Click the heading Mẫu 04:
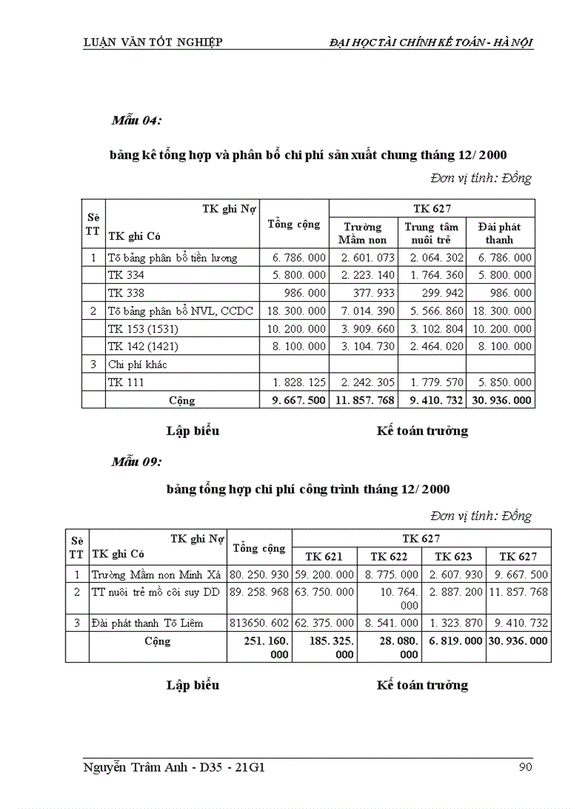click(136, 120)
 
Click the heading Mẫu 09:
click(136, 462)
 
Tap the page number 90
click(525, 766)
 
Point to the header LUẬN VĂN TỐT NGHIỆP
click(152, 42)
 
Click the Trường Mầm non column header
click(362, 233)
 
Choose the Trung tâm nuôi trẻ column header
click(431, 233)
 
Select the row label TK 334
click(125, 275)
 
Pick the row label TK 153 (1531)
click(143, 328)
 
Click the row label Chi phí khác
click(137, 365)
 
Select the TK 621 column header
click(324, 556)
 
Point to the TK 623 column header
click(454, 556)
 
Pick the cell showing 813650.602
click(259, 622)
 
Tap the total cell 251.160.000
click(259, 647)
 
